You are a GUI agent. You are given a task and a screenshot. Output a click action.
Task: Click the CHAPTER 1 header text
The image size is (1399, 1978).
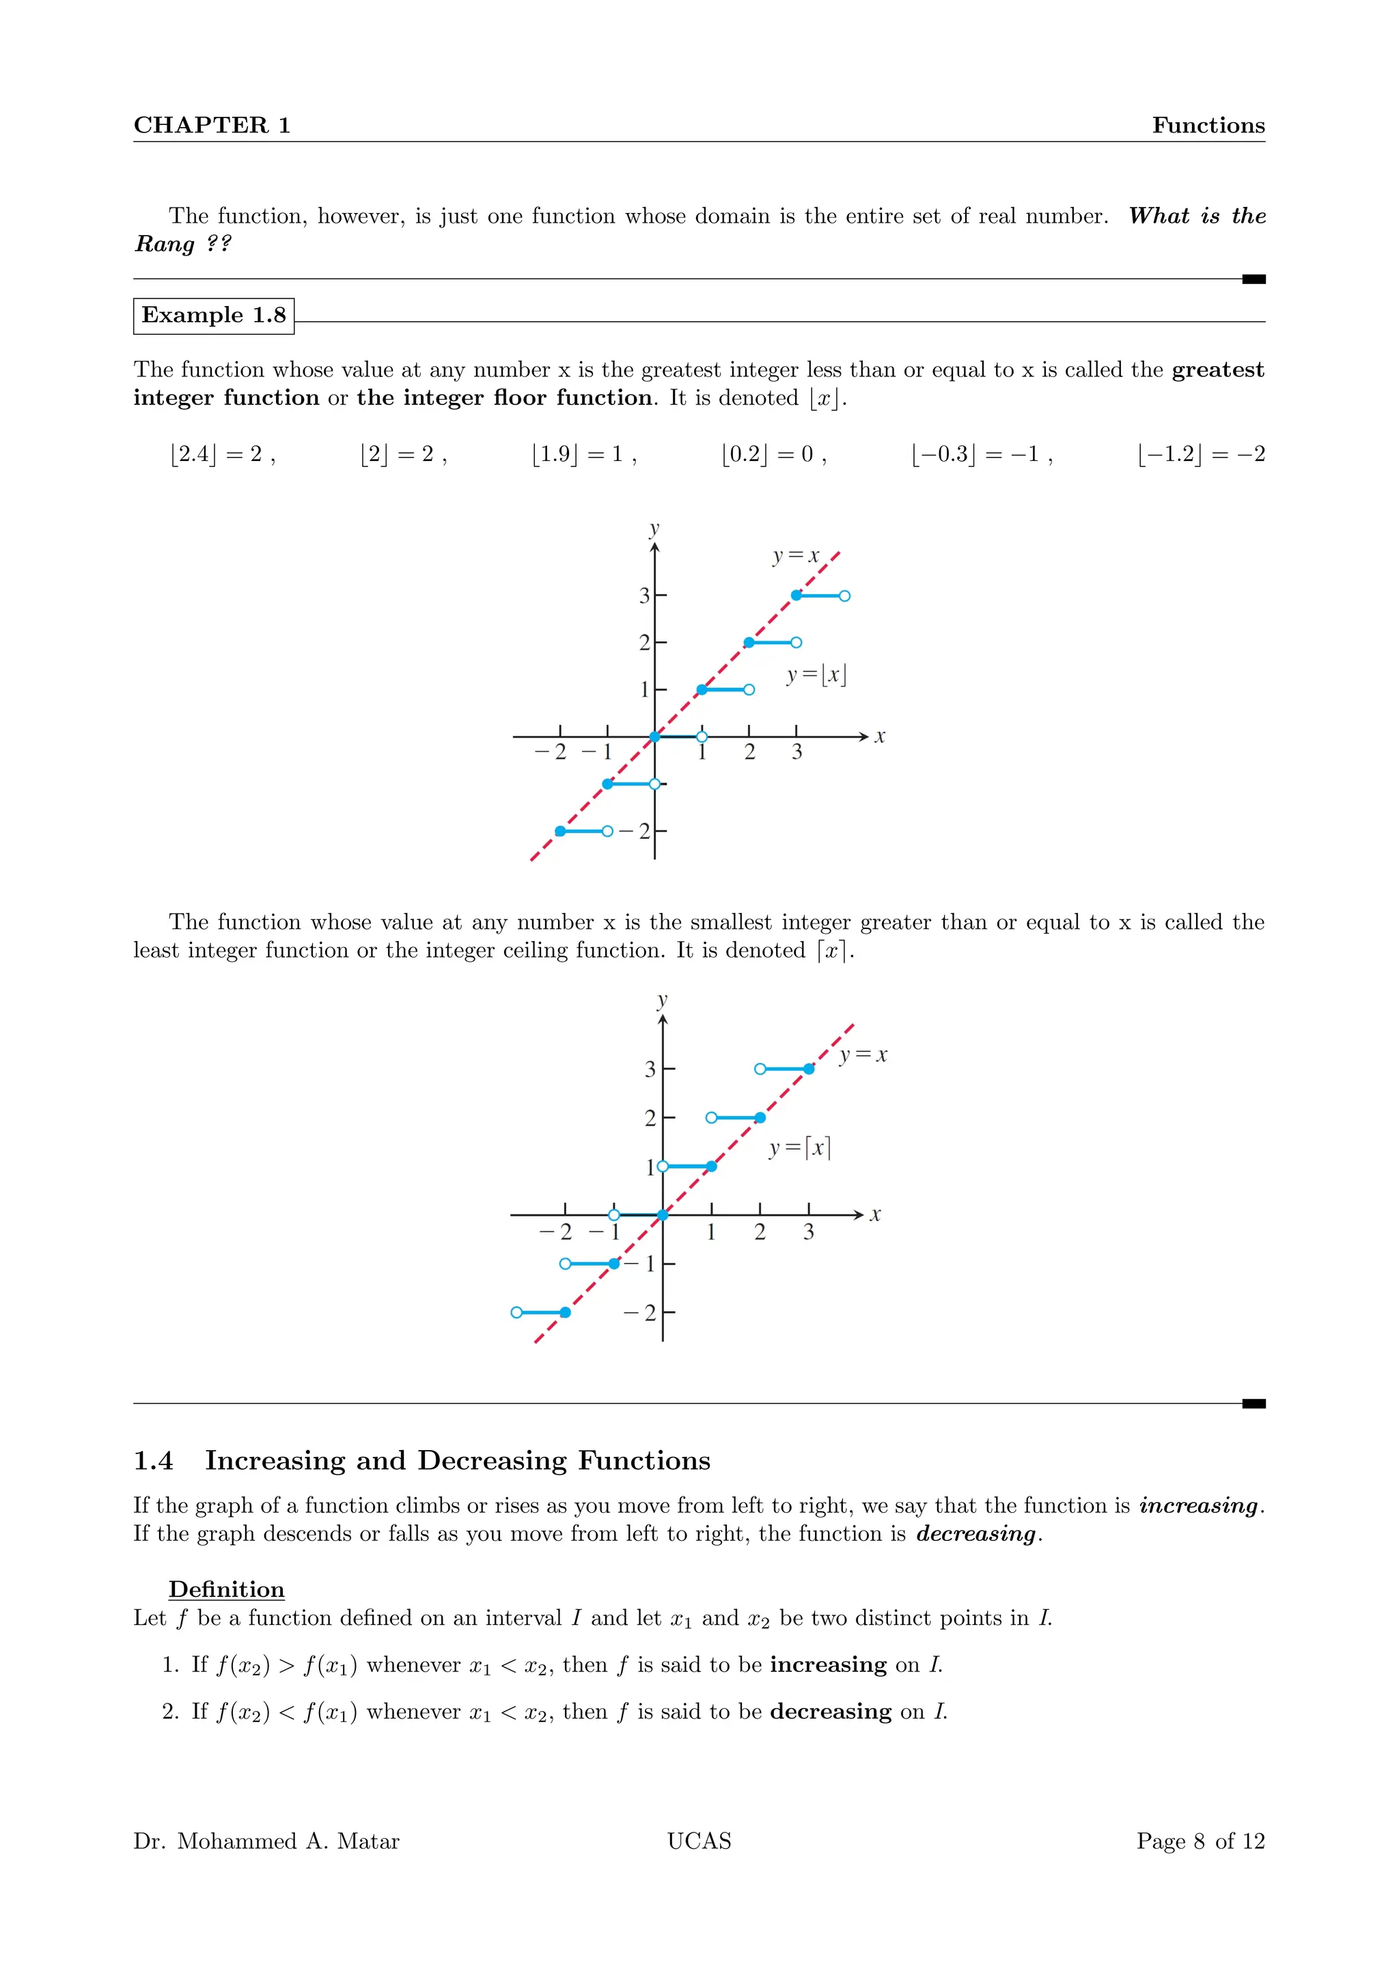[212, 125]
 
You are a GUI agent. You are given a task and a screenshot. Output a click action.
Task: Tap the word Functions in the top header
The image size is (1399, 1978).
[1208, 125]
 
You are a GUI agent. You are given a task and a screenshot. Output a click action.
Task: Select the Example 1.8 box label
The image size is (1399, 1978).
[214, 316]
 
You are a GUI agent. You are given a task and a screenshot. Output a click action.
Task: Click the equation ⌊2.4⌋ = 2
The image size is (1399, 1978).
[221, 454]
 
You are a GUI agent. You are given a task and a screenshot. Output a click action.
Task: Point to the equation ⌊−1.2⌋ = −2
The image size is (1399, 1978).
[1201, 454]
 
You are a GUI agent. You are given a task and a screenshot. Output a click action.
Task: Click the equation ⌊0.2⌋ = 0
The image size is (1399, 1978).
[773, 454]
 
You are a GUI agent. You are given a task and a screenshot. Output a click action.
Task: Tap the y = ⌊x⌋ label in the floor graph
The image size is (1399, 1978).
[816, 675]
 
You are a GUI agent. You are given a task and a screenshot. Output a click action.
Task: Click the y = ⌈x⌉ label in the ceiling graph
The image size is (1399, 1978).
[799, 1147]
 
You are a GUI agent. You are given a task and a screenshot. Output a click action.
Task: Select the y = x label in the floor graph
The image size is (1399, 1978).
[795, 556]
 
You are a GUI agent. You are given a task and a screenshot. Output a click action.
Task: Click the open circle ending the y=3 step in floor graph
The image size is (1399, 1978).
[844, 596]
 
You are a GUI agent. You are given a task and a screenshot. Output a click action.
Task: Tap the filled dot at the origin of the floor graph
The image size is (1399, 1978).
[654, 736]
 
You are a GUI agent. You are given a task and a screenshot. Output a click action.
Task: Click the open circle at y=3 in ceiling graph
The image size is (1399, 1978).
[760, 1069]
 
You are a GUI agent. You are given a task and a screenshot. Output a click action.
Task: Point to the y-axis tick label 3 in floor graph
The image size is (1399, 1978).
[643, 596]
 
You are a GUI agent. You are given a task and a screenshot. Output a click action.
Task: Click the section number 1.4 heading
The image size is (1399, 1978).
[153, 1460]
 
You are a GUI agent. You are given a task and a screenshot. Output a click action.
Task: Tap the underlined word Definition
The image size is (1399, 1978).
[227, 1589]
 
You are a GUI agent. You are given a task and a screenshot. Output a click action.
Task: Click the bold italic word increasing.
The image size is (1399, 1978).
[1198, 1506]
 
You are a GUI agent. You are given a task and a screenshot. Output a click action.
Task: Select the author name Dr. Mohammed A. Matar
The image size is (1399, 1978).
[266, 1841]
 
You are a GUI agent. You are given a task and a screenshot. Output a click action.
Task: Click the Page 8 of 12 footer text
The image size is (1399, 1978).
[1200, 1841]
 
